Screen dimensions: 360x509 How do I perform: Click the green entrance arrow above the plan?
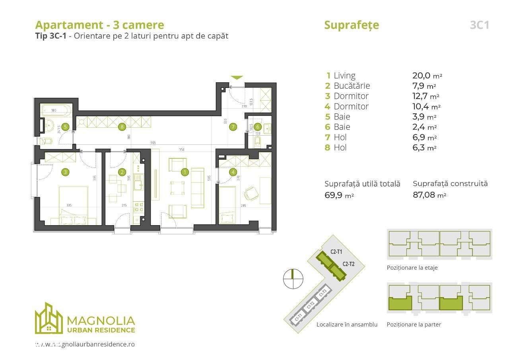click(237, 78)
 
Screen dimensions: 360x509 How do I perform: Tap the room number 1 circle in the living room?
click(185, 172)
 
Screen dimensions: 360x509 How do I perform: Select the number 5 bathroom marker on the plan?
click(65, 127)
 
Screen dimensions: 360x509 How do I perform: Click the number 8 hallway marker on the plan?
click(122, 127)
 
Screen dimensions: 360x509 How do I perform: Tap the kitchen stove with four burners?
click(139, 206)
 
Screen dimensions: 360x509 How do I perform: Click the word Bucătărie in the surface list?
click(352, 86)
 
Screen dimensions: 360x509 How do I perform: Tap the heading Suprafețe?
click(352, 25)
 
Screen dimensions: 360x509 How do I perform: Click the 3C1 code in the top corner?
click(479, 25)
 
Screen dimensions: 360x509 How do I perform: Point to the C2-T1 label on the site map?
click(336, 251)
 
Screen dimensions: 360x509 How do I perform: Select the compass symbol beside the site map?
click(293, 278)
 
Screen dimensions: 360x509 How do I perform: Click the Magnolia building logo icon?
click(49, 319)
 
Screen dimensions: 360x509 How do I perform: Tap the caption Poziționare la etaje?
click(412, 268)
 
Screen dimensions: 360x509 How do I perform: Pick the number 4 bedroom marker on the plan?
click(233, 172)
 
